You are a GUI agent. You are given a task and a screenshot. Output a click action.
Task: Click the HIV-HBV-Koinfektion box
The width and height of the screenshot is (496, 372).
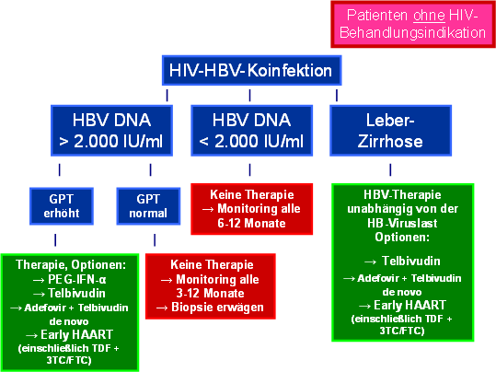click(x=251, y=70)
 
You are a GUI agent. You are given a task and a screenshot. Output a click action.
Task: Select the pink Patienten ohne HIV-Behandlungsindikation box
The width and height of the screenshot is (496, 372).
click(x=413, y=24)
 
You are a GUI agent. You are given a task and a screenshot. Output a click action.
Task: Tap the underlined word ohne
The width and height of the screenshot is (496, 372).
click(x=429, y=16)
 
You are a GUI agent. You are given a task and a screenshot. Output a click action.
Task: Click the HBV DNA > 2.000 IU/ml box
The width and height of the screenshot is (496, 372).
click(x=111, y=131)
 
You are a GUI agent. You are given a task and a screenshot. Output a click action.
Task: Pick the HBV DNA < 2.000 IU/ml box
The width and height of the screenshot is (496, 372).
click(x=251, y=131)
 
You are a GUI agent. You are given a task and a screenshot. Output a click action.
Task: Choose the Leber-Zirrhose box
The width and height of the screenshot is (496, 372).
click(x=390, y=131)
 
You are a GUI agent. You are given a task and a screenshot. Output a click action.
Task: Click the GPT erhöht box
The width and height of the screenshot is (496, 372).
click(x=62, y=206)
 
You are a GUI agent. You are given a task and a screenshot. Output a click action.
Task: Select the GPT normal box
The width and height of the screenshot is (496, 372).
click(x=148, y=206)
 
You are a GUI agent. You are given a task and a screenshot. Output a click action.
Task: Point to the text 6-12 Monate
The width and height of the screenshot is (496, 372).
click(x=251, y=223)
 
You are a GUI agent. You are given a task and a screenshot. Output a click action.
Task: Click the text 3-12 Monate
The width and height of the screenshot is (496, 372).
click(x=211, y=293)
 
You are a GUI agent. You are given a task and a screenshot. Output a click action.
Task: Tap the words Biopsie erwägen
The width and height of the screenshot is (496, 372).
click(x=217, y=308)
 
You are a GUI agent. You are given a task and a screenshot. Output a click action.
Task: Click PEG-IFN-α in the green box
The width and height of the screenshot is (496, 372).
click(x=77, y=279)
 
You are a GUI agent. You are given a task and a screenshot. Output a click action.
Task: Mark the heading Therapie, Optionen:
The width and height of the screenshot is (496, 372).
click(x=71, y=264)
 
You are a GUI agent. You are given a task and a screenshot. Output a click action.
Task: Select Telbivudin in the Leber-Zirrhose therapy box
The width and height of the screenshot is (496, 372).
click(x=411, y=261)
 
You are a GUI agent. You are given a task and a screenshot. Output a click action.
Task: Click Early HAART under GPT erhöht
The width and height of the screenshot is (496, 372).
click(x=77, y=334)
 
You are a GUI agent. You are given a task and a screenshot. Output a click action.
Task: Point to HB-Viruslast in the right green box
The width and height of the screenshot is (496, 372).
click(x=402, y=223)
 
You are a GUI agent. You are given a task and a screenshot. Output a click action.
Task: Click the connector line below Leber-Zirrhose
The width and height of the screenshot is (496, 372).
click(x=390, y=169)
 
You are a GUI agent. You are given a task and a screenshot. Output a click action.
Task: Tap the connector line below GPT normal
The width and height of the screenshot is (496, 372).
click(x=155, y=240)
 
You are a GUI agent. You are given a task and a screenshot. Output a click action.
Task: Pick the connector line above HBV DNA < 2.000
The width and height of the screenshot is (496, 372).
click(x=250, y=95)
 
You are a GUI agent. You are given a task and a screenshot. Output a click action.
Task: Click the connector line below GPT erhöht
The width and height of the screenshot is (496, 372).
click(x=55, y=240)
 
